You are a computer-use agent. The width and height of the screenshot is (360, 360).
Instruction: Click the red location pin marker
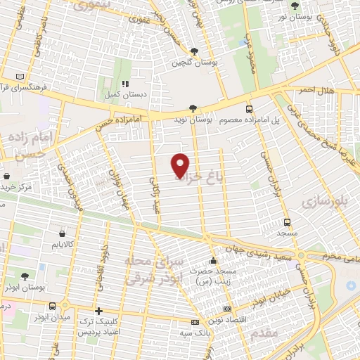click(x=181, y=164)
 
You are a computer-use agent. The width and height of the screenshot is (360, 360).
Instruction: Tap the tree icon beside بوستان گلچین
click(x=194, y=51)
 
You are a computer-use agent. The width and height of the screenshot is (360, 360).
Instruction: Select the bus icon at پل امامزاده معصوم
click(x=249, y=109)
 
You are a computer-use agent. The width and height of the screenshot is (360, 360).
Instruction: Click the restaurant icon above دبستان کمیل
click(x=124, y=84)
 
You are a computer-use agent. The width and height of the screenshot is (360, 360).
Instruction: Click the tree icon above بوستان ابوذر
click(x=25, y=275)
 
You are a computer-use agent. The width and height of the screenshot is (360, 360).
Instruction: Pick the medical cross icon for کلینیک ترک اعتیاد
click(x=99, y=311)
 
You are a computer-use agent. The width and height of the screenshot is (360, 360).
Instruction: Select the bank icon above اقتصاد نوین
click(x=226, y=309)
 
